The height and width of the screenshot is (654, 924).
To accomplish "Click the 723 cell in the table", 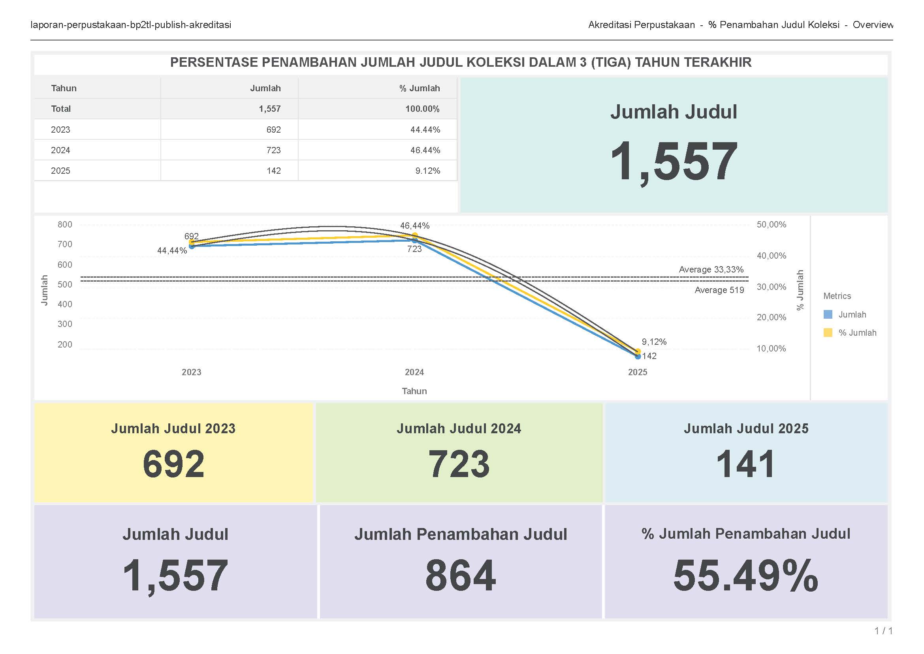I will tap(273, 150).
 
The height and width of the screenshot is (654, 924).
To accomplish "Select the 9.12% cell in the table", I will tap(427, 171).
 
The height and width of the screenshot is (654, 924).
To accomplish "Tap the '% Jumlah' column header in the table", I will tap(419, 88).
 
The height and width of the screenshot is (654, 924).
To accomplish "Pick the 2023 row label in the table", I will tap(60, 130).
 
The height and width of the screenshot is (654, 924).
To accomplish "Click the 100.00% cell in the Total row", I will tap(422, 109).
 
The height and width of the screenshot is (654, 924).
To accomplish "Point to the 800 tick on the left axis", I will tap(65, 224).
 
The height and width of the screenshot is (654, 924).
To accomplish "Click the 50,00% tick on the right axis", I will tap(771, 224).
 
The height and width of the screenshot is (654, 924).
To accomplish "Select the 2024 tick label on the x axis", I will tap(414, 372).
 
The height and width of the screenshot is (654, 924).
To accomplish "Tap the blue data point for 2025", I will tap(638, 356).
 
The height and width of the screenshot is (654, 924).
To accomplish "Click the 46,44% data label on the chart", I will tap(414, 226).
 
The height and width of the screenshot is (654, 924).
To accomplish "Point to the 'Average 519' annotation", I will tap(719, 290).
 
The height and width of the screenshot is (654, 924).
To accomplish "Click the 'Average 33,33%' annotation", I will tap(711, 269).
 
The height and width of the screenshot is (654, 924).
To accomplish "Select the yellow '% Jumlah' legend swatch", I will tap(828, 333).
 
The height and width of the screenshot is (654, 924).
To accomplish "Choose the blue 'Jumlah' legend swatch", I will tap(828, 314).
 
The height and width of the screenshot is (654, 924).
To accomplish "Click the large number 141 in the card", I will tap(745, 464).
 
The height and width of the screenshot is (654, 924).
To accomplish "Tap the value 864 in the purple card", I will tap(460, 576).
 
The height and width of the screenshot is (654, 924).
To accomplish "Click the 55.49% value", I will tap(745, 576).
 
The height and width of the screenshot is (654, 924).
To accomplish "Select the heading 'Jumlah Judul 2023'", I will tap(173, 428).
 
